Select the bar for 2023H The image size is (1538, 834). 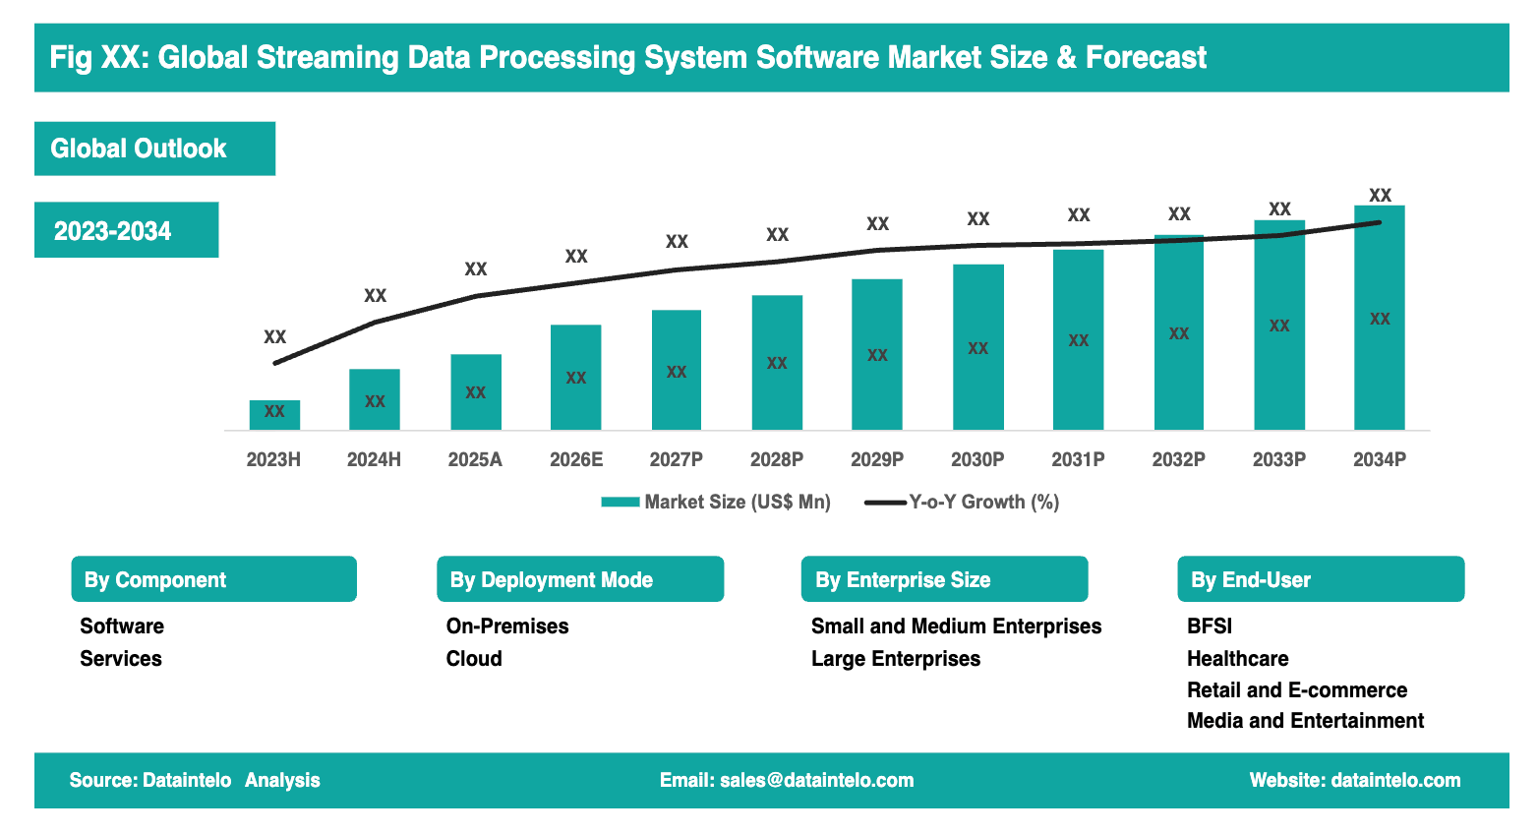coord(274,415)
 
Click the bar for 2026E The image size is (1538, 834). coord(575,378)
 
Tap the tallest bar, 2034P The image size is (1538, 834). coord(1379,318)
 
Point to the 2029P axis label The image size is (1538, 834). coord(877,459)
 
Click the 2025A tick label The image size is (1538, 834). coord(475,459)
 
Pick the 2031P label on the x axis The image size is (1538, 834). coord(1078,459)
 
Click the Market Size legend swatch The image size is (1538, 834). coord(620,503)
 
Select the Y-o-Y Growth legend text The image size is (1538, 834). coord(983,503)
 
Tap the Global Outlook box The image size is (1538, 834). coord(154,149)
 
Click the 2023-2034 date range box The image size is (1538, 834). coord(126,230)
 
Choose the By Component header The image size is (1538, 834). coord(213,579)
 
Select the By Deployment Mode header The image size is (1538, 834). coord(579,579)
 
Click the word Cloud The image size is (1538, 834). coord(474,659)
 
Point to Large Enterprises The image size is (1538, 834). coord(895,659)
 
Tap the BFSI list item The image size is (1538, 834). coord(1209,626)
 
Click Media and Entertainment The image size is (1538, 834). coord(1305,721)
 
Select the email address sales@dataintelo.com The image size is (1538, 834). coord(816,781)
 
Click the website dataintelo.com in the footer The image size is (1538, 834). coord(1394,781)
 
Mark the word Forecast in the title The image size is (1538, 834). coord(1146,58)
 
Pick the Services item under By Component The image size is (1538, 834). coord(121,659)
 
